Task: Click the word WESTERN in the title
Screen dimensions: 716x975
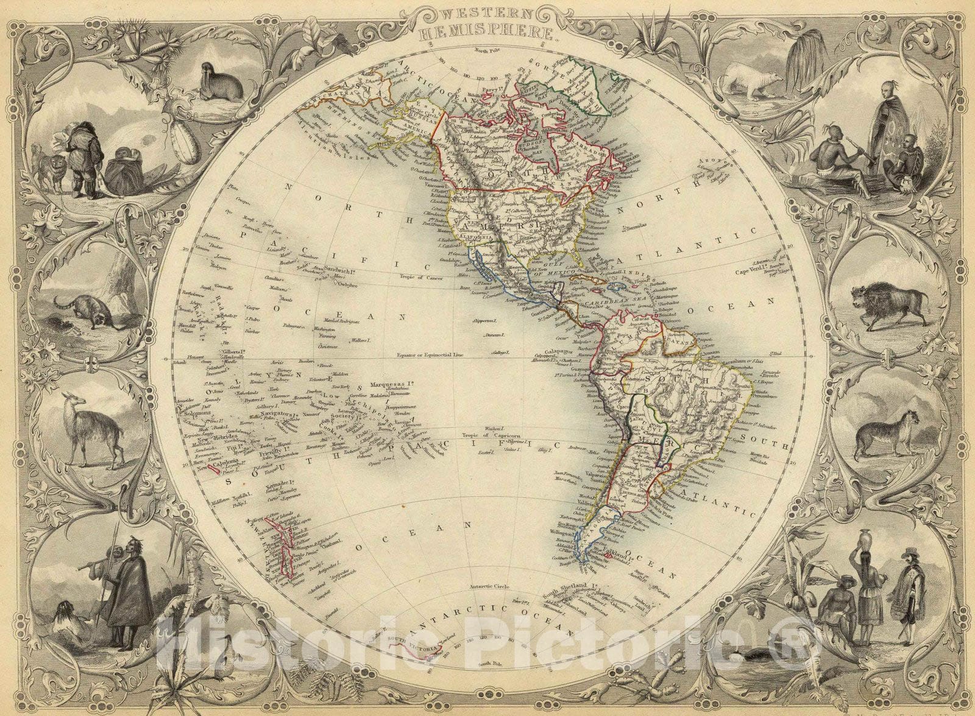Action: [487, 13]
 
